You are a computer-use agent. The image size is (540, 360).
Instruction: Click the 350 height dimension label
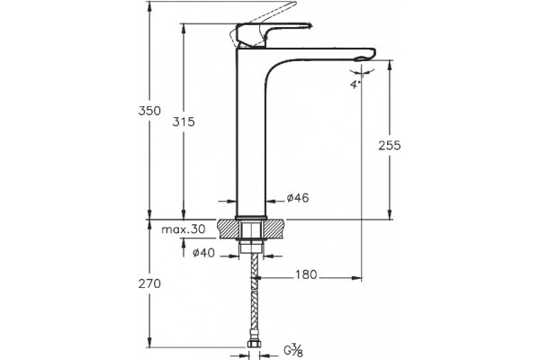(149, 111)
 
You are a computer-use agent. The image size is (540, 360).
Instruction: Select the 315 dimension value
(184, 121)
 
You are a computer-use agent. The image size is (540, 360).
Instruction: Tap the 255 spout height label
(390, 146)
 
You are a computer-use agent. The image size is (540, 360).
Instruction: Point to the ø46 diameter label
(298, 198)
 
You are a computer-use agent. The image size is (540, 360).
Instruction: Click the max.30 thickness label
(184, 229)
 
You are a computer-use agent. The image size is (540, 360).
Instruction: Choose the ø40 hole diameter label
(203, 253)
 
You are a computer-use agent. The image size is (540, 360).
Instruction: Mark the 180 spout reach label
(306, 274)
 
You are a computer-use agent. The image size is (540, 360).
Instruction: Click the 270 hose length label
(149, 283)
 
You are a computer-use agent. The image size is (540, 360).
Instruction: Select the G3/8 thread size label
(293, 351)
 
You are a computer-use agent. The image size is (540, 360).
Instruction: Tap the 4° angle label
(355, 85)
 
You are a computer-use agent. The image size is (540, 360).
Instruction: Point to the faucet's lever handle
(272, 34)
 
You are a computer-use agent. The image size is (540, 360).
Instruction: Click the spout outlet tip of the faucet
(364, 58)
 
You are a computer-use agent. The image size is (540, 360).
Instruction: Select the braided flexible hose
(254, 297)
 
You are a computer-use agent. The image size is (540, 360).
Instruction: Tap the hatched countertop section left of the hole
(228, 229)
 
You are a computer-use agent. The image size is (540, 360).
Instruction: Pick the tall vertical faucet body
(251, 134)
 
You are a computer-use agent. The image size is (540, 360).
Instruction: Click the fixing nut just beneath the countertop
(251, 247)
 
